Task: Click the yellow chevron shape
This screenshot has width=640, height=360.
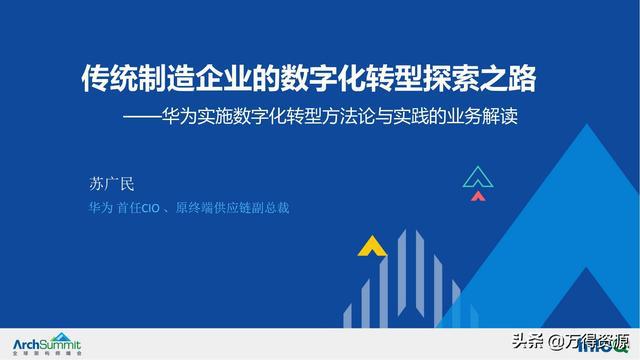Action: [372, 244]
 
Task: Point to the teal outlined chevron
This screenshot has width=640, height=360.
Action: [479, 177]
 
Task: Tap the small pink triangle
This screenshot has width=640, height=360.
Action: [478, 196]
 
